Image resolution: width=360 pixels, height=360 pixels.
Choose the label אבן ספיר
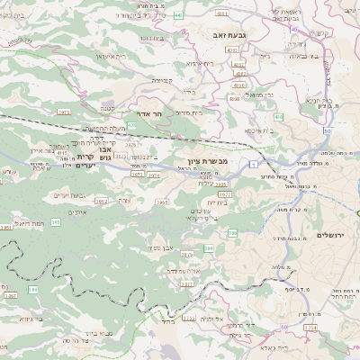point(161,247)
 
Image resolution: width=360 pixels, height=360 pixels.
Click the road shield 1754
point(311,328)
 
